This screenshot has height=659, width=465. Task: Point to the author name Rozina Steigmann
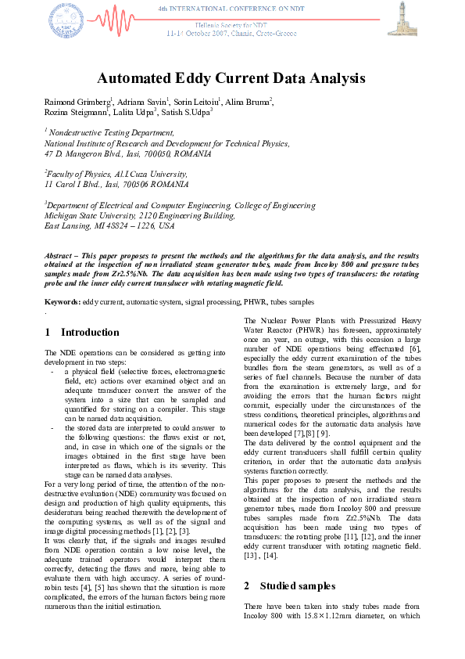[x=78, y=113]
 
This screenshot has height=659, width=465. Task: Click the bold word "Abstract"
[x=62, y=256]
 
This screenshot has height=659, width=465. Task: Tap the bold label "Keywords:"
[x=63, y=301]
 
